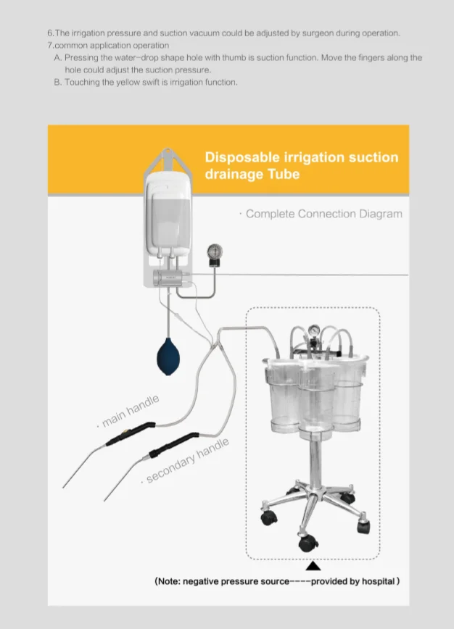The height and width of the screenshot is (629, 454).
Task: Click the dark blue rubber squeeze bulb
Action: coord(168,357)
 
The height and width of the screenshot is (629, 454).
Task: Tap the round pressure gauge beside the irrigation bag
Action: coord(215,252)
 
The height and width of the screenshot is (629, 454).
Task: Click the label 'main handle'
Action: coord(130,411)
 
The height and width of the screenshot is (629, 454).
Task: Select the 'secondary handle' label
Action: coord(187,461)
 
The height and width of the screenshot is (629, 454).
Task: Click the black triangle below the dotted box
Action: coord(313,566)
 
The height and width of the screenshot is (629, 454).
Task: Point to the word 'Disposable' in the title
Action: coord(243,157)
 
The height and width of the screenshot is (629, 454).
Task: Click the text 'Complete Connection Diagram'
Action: coord(324,214)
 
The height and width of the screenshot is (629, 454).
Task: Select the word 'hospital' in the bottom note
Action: coord(378,581)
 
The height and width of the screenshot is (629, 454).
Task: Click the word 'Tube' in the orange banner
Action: coord(284,174)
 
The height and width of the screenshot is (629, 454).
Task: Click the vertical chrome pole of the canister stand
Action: coord(315,461)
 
